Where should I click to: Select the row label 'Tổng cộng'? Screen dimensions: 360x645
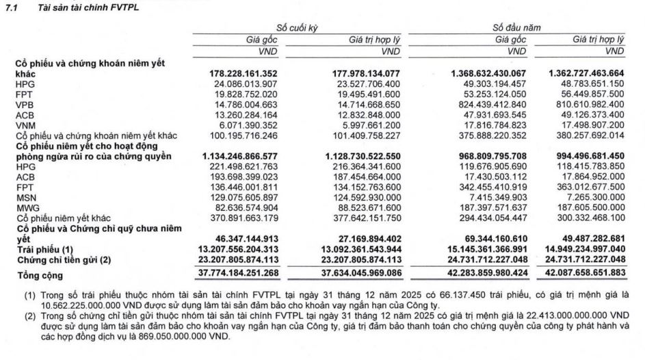[40, 275]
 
